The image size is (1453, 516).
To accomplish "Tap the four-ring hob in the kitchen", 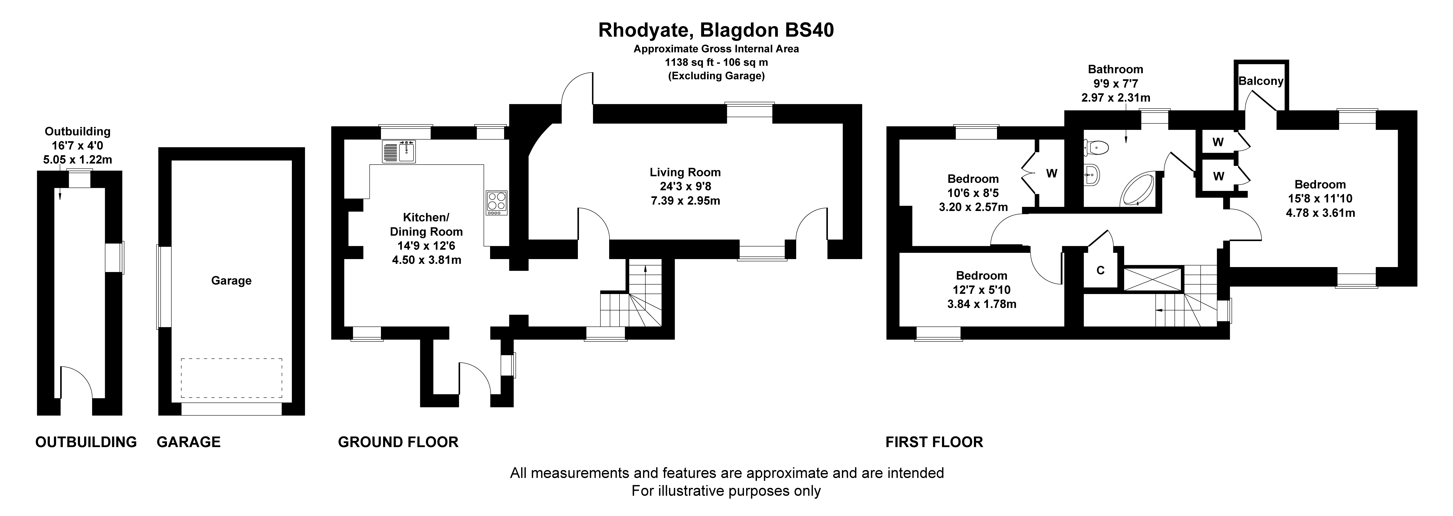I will pos(496,203).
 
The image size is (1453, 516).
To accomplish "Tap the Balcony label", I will pos(1261,81).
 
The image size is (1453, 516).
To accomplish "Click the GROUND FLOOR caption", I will pos(398,442).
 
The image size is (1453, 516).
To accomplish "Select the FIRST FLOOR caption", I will pos(934,442).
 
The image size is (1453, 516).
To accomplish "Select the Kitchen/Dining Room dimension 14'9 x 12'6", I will pos(426,246).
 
